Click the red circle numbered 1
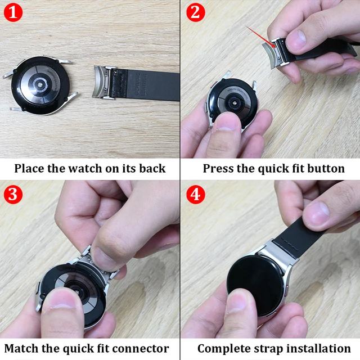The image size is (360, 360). [x=13, y=12]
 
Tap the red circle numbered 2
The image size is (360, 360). [x=195, y=12]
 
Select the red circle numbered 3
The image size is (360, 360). [x=13, y=195]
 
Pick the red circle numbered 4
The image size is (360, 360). [x=195, y=195]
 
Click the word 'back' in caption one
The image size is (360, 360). [x=150, y=168]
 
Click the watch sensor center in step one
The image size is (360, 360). [x=41, y=85]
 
